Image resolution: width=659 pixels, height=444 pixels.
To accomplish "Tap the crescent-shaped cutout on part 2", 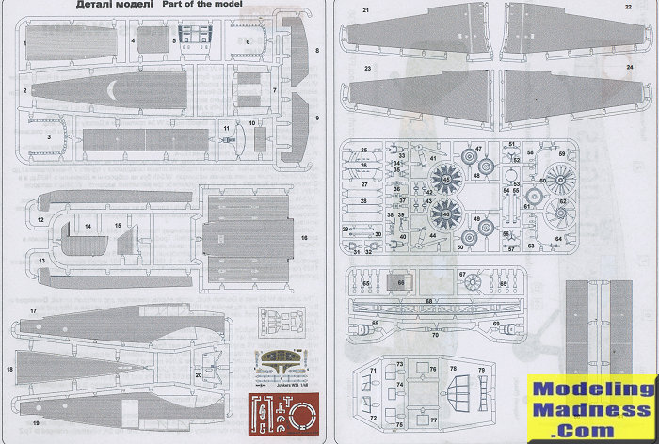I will click(113, 90).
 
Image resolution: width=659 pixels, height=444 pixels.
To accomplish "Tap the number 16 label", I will click(305, 238).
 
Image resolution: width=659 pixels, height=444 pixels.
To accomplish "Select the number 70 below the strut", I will click(435, 335).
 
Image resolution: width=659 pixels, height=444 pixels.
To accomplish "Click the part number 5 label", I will click(174, 41).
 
